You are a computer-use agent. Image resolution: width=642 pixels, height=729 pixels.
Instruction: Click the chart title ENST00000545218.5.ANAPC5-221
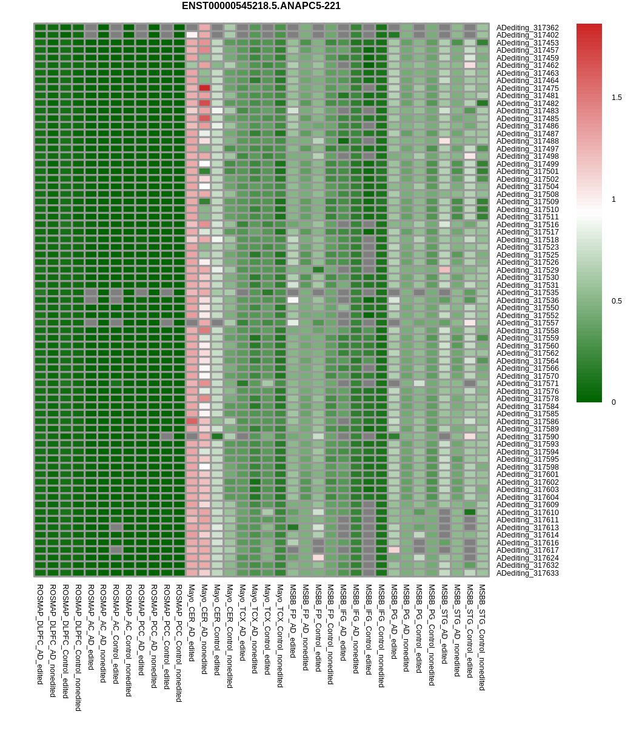click(261, 6)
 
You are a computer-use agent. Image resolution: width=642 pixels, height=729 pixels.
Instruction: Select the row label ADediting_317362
click(527, 28)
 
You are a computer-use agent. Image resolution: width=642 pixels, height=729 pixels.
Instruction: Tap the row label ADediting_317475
click(527, 88)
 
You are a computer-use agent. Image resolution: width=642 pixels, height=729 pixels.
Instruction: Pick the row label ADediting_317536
click(527, 301)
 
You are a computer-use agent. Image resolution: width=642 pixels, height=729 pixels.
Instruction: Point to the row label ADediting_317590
click(527, 437)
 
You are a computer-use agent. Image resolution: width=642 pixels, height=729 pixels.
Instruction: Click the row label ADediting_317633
click(527, 573)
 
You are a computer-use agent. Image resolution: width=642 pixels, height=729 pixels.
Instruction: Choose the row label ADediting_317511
click(527, 217)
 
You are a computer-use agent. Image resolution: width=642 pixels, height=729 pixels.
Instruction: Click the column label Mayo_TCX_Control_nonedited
click(280, 636)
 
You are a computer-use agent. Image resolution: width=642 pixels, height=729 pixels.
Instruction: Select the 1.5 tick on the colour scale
click(617, 98)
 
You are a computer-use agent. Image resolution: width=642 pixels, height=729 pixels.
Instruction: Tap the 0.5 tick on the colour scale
click(617, 301)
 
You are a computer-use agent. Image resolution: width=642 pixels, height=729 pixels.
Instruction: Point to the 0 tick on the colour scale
click(614, 402)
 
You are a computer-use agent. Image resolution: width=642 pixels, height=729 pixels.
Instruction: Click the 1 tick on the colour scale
click(614, 199)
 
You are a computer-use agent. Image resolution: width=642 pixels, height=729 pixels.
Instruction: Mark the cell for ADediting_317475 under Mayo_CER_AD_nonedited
click(204, 88)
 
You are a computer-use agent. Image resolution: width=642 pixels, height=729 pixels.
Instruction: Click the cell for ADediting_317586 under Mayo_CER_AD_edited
click(192, 421)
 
